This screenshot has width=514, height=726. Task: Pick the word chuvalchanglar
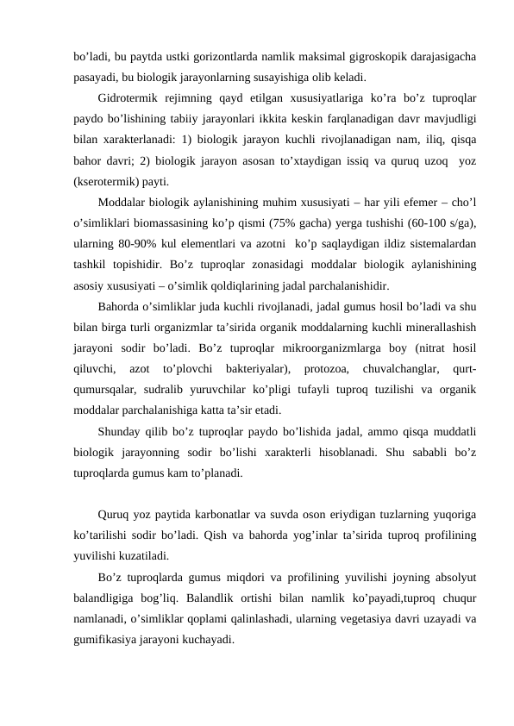coord(395,368)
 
